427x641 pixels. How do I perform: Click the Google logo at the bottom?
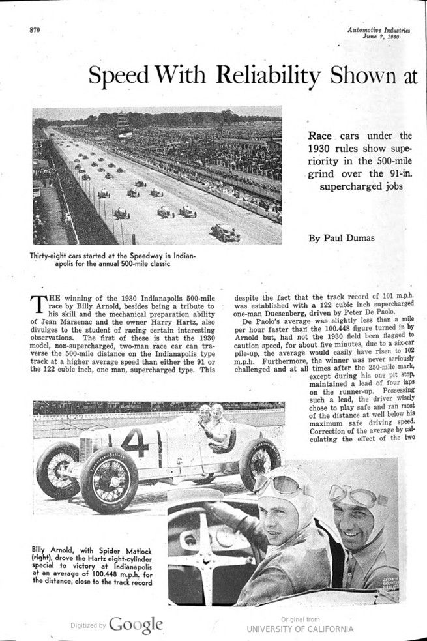[136, 624]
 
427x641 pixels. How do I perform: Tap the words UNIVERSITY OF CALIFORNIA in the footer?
[300, 629]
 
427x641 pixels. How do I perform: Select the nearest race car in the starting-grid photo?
[225, 231]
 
